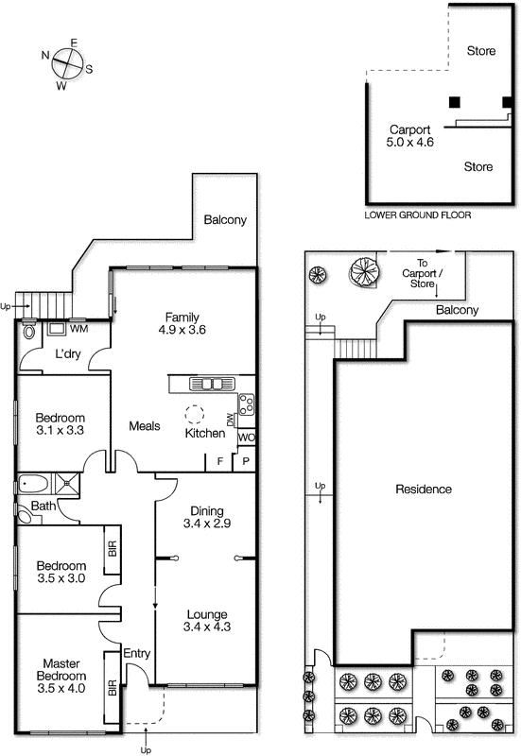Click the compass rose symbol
pyautogui.click(x=65, y=63)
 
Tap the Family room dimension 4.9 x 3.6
pyautogui.click(x=184, y=330)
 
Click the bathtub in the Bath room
pyautogui.click(x=33, y=487)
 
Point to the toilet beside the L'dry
pyautogui.click(x=28, y=332)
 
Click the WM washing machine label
pyautogui.click(x=78, y=330)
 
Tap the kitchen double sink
pyautogui.click(x=212, y=383)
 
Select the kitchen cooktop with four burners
pyautogui.click(x=246, y=404)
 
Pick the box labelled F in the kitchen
pyautogui.click(x=220, y=461)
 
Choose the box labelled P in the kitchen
pyautogui.click(x=245, y=461)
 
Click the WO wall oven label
pyautogui.click(x=245, y=438)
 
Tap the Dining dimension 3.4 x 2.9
pyautogui.click(x=206, y=521)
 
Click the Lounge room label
pyautogui.click(x=205, y=612)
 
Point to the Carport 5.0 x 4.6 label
pyautogui.click(x=410, y=136)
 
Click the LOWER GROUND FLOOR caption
pyautogui.click(x=417, y=215)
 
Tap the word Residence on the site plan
pyautogui.click(x=423, y=490)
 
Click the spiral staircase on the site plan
pyautogui.click(x=363, y=272)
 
